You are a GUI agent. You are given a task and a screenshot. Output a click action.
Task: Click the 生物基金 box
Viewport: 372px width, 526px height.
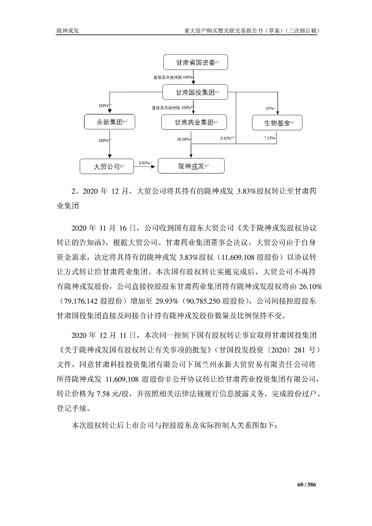(277, 123)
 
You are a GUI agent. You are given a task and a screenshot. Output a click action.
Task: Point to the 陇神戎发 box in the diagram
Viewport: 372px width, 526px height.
(191, 166)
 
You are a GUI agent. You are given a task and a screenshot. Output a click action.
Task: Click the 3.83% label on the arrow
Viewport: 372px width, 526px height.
(144, 162)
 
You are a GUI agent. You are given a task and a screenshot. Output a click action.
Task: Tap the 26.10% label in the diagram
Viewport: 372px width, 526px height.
(183, 139)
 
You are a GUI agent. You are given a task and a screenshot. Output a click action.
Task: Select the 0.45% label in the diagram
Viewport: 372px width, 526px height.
(226, 138)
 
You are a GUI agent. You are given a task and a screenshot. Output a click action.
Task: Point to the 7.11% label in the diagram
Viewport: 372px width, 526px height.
(269, 138)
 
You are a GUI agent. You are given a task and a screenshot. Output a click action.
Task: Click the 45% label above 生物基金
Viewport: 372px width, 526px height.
(269, 108)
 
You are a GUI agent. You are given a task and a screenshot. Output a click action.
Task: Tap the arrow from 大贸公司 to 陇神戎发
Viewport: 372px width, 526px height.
(145, 166)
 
